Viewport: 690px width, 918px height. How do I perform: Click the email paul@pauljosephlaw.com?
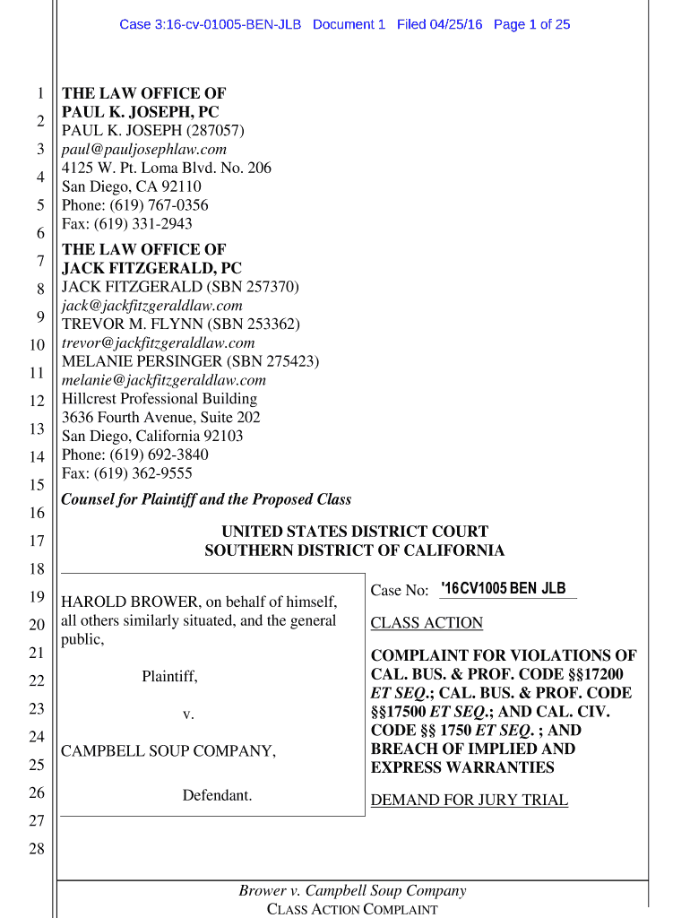(143, 149)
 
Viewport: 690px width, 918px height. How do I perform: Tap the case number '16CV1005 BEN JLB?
(504, 589)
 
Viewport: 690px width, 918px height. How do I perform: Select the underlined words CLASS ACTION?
(427, 623)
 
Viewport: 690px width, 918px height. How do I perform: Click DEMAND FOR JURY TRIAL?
(469, 800)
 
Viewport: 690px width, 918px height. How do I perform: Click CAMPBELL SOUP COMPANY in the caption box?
(168, 751)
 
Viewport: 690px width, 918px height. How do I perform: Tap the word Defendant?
(218, 795)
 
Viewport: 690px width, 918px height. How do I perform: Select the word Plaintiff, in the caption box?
(169, 677)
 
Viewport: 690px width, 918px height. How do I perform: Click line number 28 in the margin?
(37, 849)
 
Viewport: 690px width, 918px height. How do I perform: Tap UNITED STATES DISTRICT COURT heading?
(355, 532)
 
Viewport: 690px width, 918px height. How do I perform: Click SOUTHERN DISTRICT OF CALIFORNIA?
(355, 550)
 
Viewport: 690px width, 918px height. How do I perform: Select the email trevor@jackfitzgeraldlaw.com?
(158, 342)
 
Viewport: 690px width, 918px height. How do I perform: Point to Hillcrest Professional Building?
(159, 398)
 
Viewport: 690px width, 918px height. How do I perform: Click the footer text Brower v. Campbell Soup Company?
(352, 890)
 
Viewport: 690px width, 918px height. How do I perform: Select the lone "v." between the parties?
(188, 714)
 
